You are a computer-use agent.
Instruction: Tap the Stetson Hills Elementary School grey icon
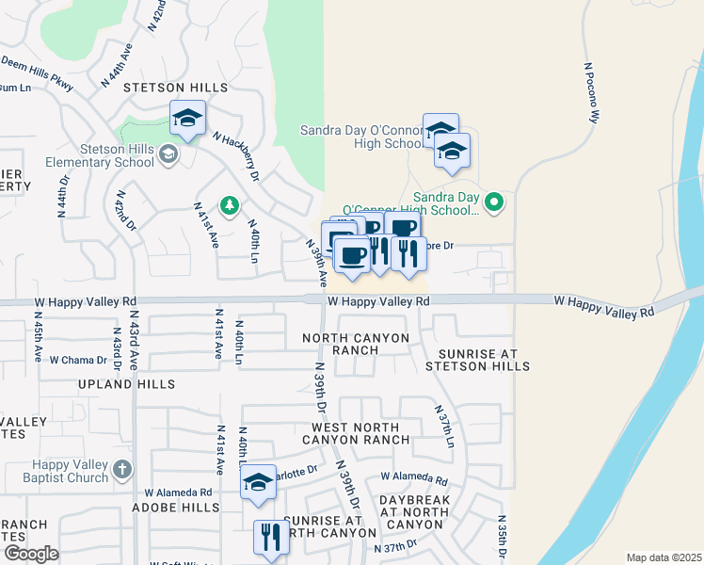click(168, 153)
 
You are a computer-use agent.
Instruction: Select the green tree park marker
click(228, 204)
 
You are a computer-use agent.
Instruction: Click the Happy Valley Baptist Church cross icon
click(121, 469)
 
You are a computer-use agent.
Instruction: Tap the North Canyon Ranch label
click(355, 344)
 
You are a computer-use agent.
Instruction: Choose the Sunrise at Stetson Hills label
click(476, 359)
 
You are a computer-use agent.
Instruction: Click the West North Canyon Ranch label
click(360, 433)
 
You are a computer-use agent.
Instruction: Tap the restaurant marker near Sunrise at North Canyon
click(270, 538)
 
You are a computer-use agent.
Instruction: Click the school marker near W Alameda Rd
click(256, 485)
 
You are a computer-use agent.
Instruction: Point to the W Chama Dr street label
click(79, 360)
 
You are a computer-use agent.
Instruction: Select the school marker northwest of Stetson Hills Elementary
click(187, 119)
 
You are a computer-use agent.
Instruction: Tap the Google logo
click(30, 554)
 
